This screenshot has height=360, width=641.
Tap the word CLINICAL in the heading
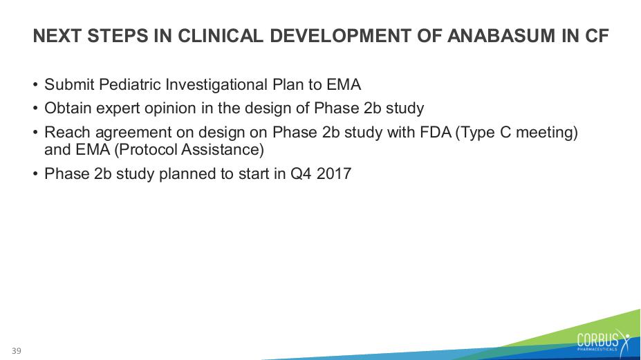pyautogui.click(x=221, y=36)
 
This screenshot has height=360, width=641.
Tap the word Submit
pyautogui.click(x=70, y=84)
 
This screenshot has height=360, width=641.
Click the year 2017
pyautogui.click(x=333, y=173)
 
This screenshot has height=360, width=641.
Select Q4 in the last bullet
pyautogui.click(x=301, y=173)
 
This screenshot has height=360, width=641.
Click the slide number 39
pyautogui.click(x=17, y=350)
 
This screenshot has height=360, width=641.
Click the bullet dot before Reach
pyautogui.click(x=35, y=133)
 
